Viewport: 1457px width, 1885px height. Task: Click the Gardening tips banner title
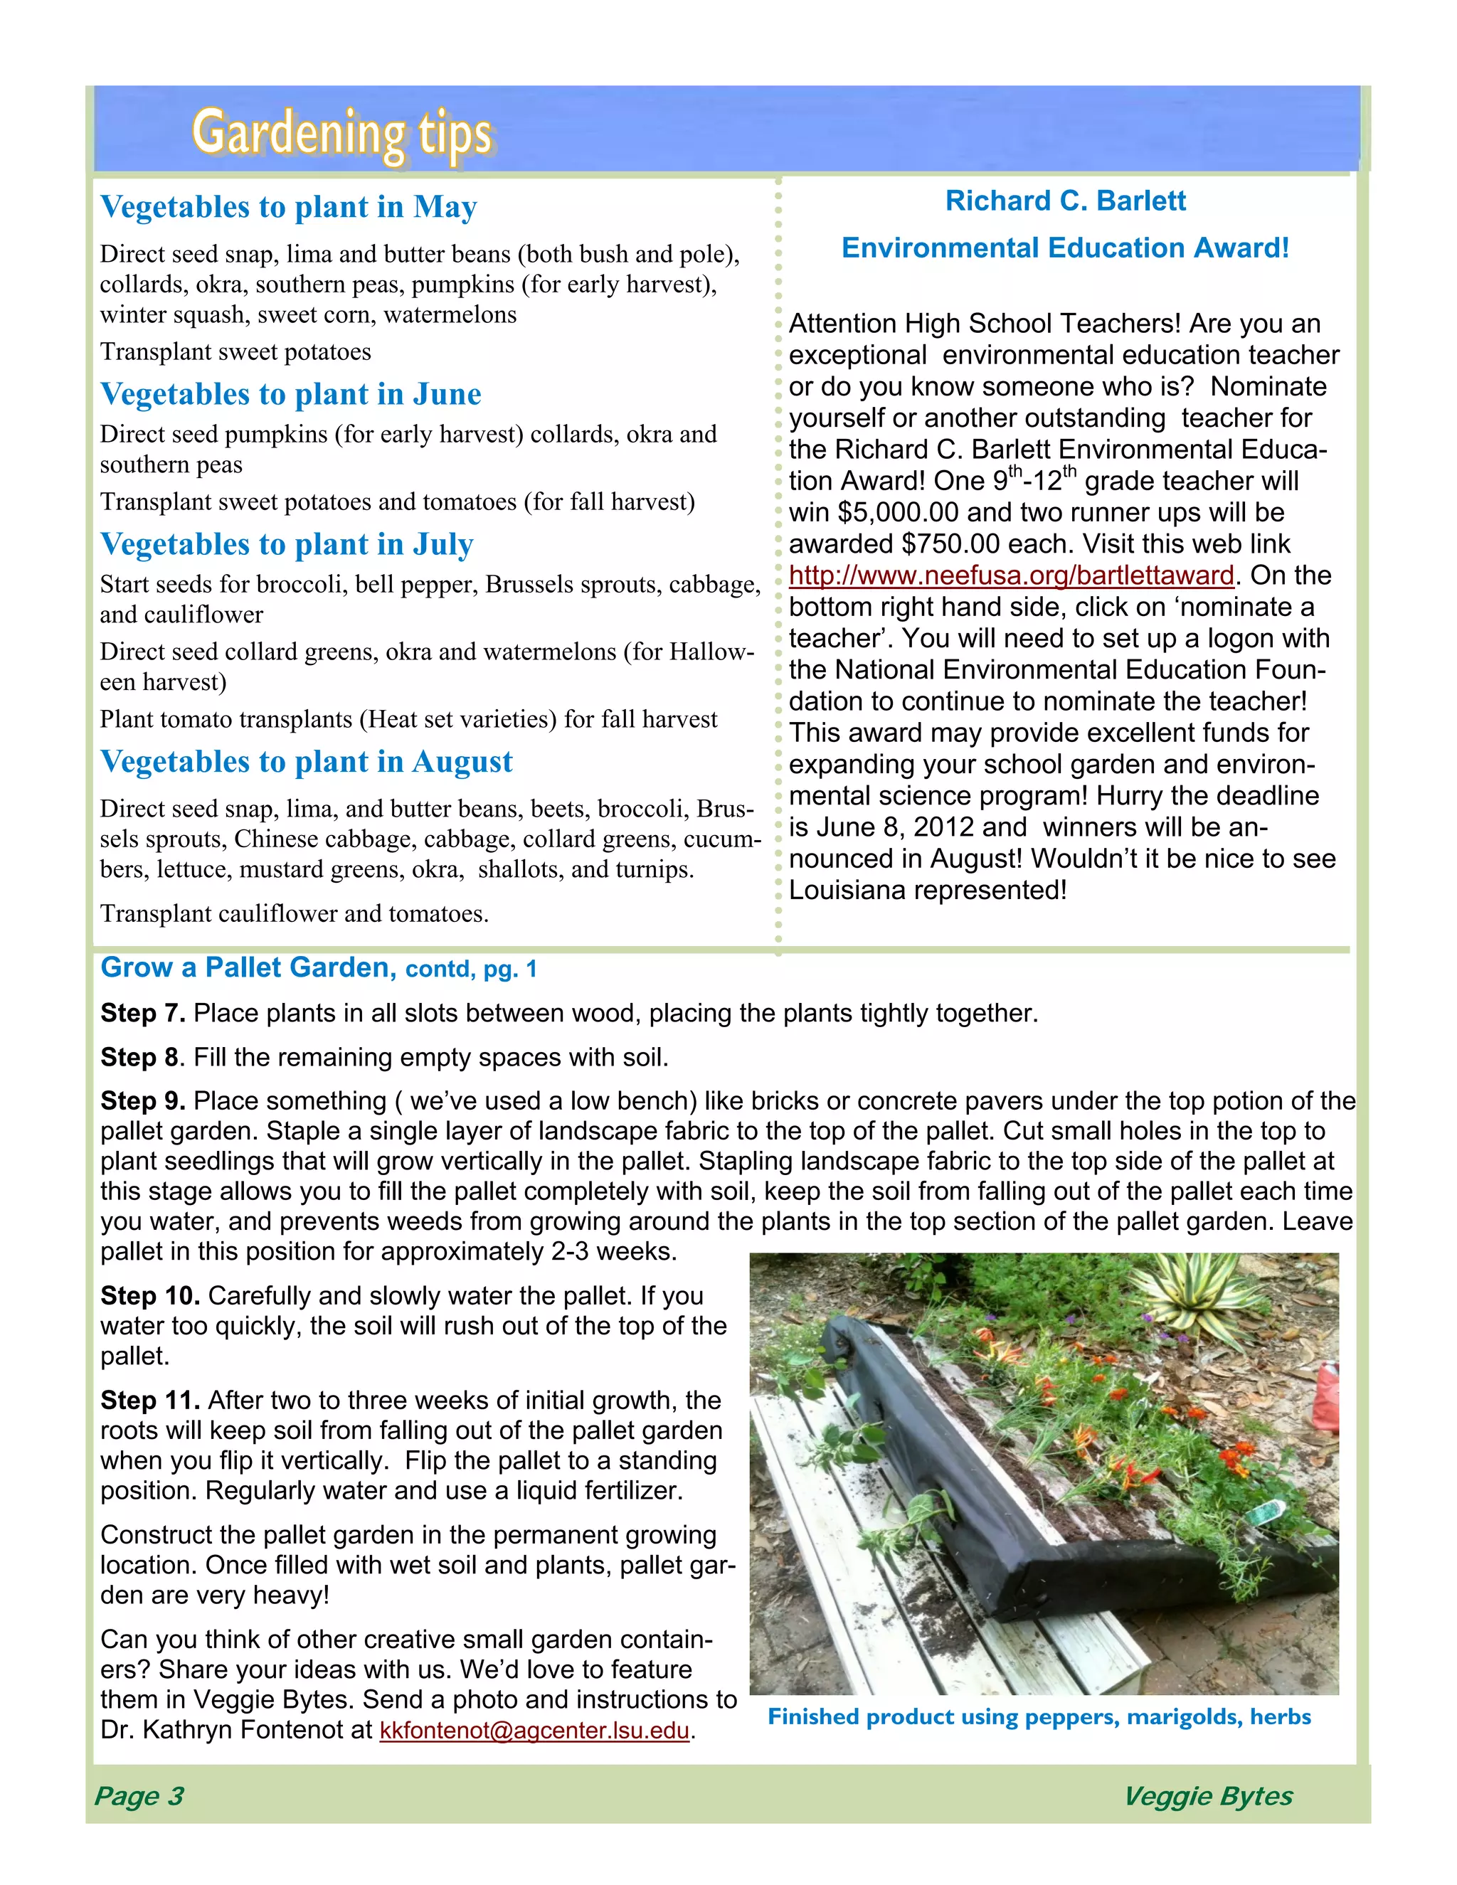tap(341, 134)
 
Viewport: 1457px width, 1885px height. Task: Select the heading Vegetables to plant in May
tap(288, 207)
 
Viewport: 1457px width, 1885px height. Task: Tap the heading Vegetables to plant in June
tap(290, 395)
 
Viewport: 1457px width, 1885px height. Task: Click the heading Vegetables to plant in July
tap(287, 545)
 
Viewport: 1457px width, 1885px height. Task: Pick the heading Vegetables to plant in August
tap(307, 762)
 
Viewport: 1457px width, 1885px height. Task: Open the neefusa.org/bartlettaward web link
tap(1011, 575)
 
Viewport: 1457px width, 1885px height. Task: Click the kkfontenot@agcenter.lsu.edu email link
tap(534, 1731)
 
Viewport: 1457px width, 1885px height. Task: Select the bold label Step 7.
tap(142, 1013)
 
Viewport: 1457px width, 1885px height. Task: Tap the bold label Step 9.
tap(142, 1101)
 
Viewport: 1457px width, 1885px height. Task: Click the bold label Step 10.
tap(150, 1296)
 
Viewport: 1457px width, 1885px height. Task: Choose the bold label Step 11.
tap(150, 1401)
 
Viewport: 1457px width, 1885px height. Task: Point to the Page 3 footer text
tap(139, 1796)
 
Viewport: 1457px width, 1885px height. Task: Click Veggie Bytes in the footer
tap(1207, 1796)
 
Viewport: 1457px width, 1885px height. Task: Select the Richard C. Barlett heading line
tap(1065, 201)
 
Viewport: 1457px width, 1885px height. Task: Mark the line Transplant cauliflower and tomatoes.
tap(295, 914)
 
